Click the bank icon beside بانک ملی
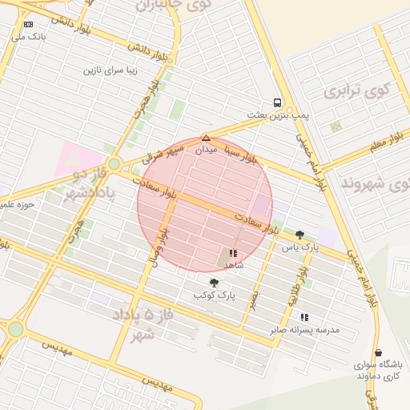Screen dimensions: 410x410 29,25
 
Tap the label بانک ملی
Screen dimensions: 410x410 29,37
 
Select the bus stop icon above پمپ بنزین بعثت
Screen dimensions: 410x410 277,102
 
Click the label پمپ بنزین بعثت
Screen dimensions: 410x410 278,115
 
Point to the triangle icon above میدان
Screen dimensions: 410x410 206,138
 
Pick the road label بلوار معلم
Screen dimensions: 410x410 388,143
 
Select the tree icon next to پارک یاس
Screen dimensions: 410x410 299,235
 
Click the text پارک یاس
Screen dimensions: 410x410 299,247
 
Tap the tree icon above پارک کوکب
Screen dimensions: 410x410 214,283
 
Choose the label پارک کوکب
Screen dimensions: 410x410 214,295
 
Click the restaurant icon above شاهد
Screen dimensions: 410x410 233,252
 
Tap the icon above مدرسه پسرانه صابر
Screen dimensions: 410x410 304,317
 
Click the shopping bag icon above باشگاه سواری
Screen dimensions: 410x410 377,352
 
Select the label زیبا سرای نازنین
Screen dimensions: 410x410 111,70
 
